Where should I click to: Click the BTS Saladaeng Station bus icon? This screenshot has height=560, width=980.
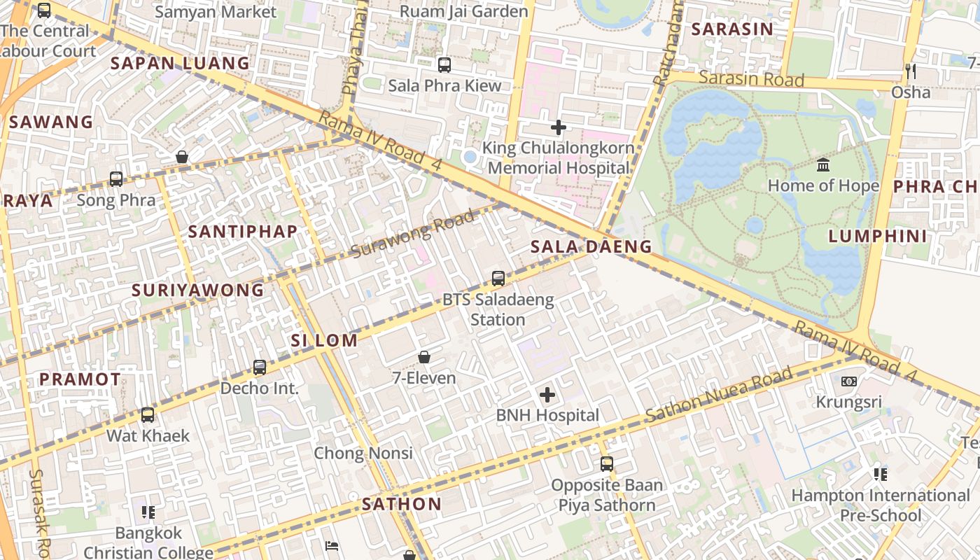498,278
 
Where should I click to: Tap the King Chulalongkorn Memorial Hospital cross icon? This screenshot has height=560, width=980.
558,127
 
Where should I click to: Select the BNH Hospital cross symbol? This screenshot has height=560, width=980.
547,395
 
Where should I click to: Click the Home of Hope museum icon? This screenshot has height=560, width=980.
823,165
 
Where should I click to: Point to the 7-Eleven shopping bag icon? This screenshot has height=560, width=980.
424,357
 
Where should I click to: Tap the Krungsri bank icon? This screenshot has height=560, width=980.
848,381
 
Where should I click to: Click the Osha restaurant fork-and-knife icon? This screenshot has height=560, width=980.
910,71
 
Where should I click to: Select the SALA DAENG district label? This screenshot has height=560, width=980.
591,246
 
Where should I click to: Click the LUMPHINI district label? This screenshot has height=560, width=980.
878,236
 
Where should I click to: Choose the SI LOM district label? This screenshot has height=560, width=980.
324,341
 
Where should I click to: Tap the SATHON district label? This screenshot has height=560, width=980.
402,504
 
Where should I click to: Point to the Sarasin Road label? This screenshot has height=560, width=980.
751,78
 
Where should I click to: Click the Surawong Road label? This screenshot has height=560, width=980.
412,234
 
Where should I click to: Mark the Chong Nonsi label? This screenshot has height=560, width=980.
363,453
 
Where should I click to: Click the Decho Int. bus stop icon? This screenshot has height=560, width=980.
260,367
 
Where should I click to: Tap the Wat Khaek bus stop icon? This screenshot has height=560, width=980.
147,415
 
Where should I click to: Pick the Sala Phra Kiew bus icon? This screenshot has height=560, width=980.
444,65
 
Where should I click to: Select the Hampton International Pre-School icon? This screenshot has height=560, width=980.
880,475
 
